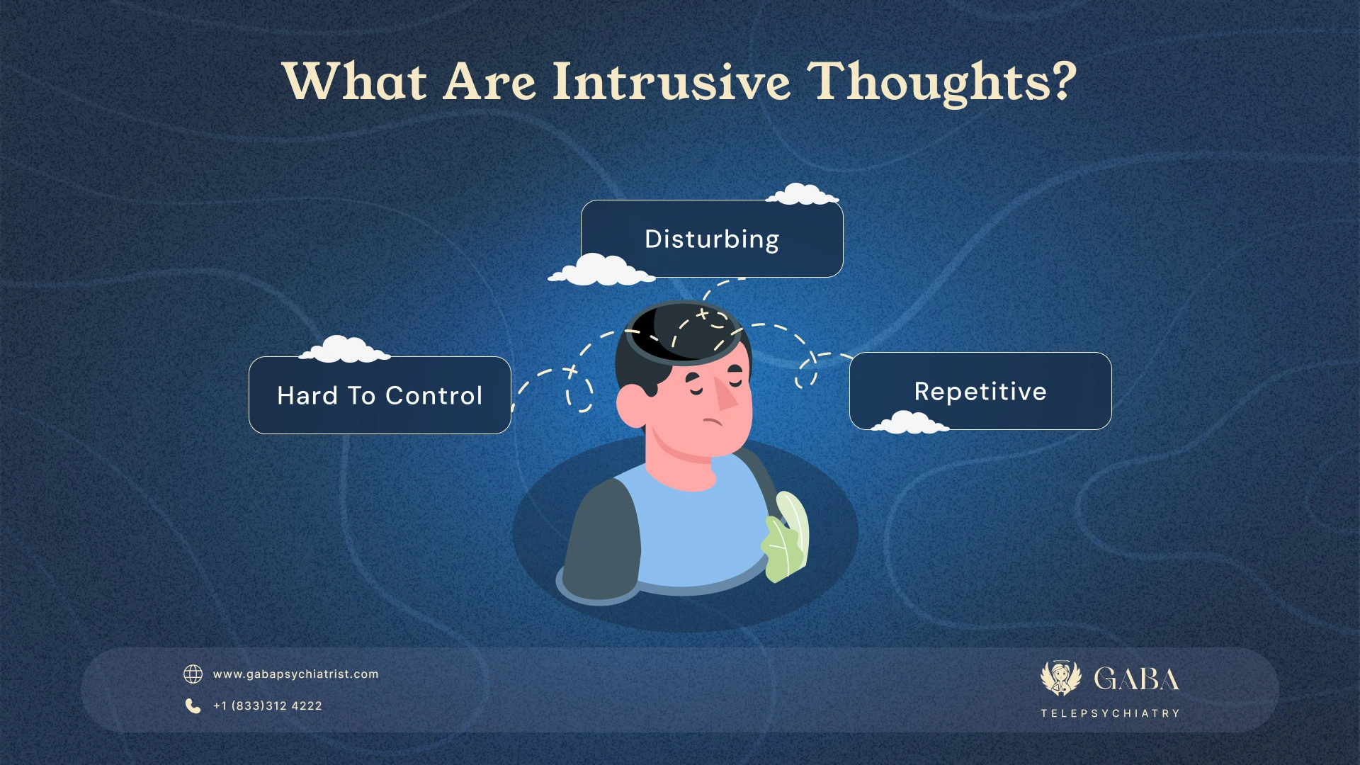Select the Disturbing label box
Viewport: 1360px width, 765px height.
click(711, 239)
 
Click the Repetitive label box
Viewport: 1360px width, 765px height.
click(980, 391)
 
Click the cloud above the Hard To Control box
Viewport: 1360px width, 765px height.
click(345, 350)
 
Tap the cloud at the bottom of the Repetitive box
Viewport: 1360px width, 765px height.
click(909, 423)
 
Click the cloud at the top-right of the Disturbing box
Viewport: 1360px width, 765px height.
click(803, 194)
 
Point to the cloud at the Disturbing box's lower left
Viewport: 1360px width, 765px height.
click(602, 271)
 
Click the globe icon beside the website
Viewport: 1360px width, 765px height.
click(193, 674)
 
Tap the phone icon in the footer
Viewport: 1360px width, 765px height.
click(193, 705)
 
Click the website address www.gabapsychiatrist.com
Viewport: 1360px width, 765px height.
click(295, 674)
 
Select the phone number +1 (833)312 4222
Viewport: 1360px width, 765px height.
click(267, 706)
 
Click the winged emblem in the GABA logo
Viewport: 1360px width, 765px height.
click(1060, 678)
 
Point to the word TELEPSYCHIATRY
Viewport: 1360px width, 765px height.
click(1110, 713)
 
